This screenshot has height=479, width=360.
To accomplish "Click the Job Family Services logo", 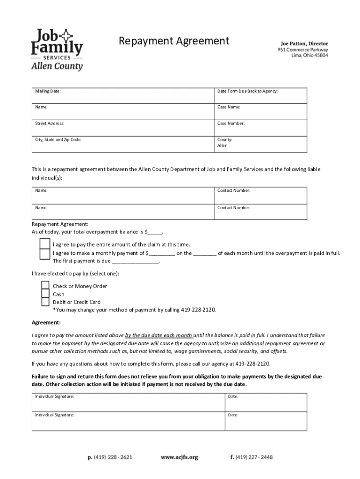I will click(57, 49).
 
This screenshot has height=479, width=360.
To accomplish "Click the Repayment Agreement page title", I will click(173, 41).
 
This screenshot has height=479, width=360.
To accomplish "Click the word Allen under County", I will click(222, 146).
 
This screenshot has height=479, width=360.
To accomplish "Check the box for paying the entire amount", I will click(44, 244).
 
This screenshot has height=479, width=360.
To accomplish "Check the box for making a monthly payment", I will click(44, 254).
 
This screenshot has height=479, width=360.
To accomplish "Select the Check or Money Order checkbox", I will click(45, 286).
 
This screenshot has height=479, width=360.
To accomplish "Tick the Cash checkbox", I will click(45, 294).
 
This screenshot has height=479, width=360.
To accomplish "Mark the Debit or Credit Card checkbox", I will click(45, 302).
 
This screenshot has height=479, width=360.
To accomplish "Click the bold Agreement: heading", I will click(46, 323).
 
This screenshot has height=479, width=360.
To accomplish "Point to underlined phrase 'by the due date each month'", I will click(159, 335).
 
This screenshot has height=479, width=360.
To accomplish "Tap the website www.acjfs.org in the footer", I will click(179, 457).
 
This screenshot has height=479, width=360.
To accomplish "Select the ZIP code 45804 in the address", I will click(320, 55).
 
